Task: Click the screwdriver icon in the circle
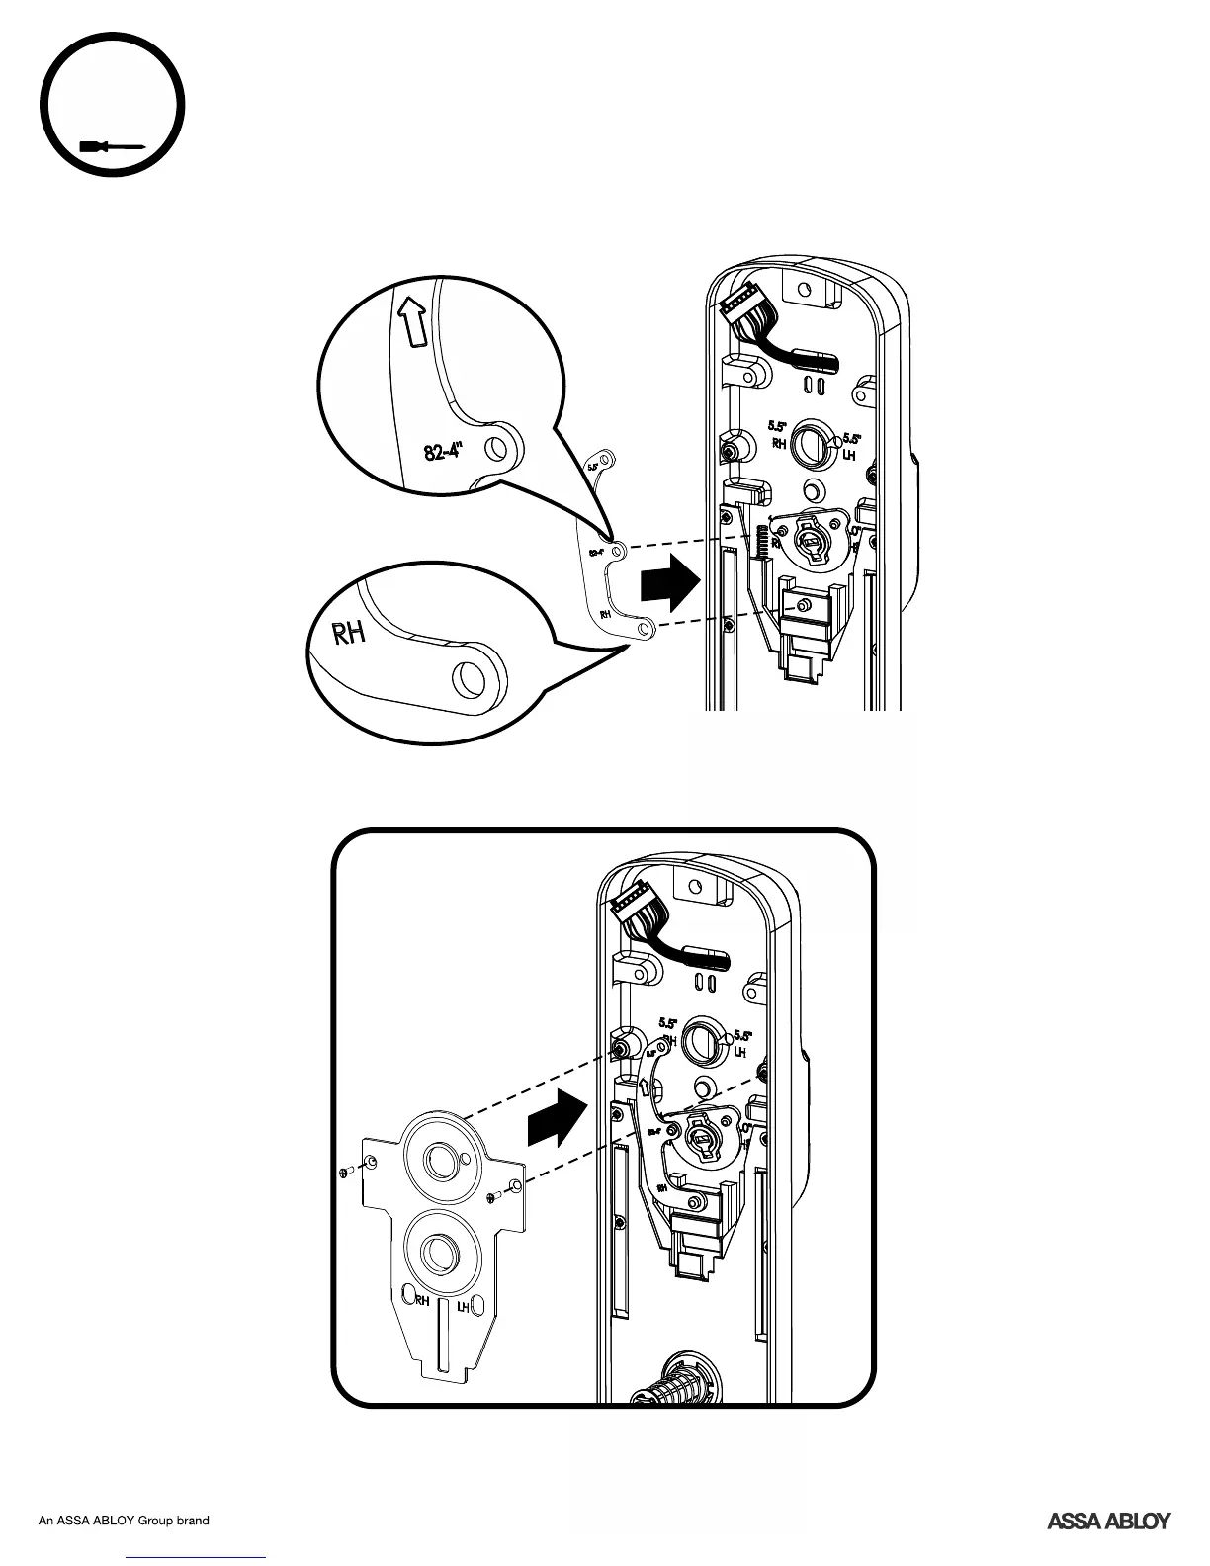114,147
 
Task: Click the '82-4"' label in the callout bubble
444,452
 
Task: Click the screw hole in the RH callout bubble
467,679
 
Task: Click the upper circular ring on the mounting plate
437,1158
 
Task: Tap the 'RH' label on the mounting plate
422,1300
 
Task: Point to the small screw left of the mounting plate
344,1172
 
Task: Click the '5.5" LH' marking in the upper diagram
849,447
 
